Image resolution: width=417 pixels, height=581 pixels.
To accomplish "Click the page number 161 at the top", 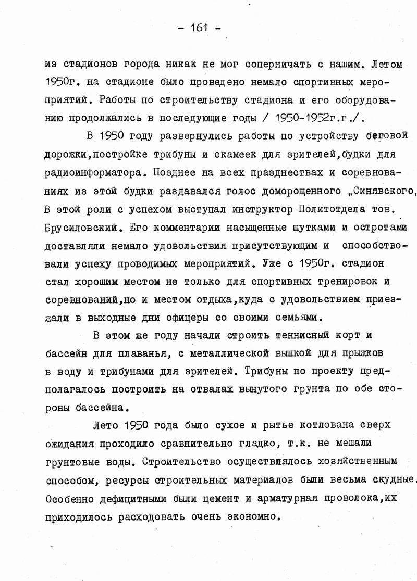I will [x=200, y=28].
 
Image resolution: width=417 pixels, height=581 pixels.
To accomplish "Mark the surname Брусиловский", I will [x=84, y=227].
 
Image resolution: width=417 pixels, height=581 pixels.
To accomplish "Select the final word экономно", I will [x=248, y=517].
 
